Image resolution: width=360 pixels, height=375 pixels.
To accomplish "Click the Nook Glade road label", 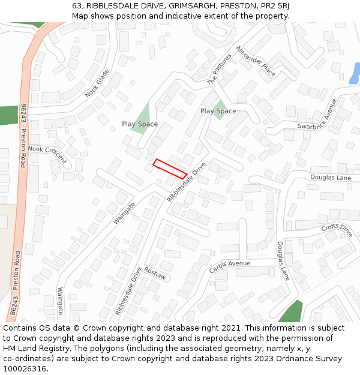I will point(97,83).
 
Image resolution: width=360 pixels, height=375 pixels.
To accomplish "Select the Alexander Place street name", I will point(256,61).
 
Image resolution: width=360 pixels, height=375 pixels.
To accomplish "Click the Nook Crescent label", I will point(47,154).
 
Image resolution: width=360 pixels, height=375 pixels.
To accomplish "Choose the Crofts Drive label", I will point(337,229).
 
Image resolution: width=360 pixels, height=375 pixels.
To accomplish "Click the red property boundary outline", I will point(170,169).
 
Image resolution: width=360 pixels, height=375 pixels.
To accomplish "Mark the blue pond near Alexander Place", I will point(355,73).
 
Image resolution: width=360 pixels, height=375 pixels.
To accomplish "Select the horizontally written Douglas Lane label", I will point(331,178).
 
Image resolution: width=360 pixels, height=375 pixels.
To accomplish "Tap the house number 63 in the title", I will point(77,5).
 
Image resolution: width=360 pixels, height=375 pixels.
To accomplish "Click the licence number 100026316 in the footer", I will point(26,368).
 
